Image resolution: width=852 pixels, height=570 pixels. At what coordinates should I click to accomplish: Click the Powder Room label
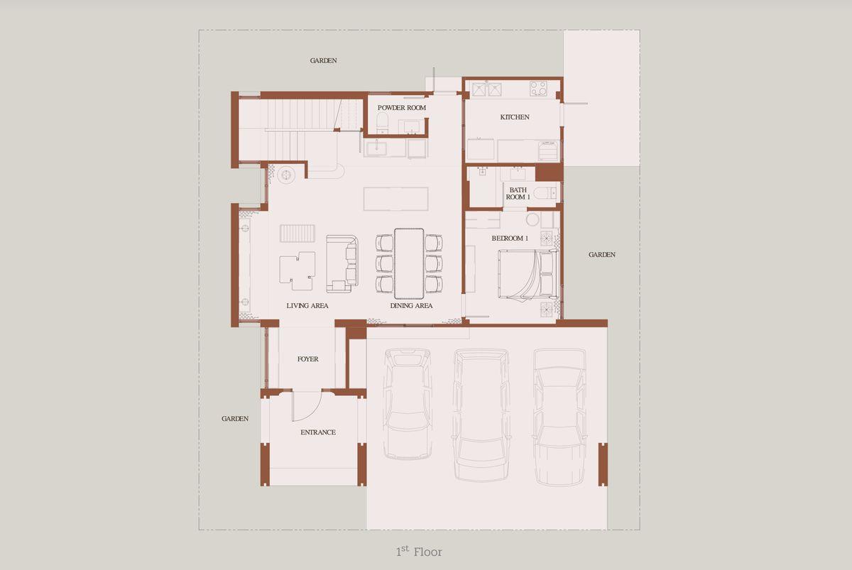coord(402,108)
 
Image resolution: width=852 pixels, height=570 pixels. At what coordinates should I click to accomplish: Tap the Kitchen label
coord(515,117)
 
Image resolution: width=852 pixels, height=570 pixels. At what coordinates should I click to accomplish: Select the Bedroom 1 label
coord(510,239)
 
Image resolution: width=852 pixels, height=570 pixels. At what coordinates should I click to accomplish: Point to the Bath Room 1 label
coord(518,193)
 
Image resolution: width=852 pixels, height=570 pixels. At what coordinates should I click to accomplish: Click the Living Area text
coord(307,306)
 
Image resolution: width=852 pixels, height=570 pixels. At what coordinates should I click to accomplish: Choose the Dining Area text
coord(411,306)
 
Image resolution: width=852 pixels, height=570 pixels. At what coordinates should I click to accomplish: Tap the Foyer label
coord(307,359)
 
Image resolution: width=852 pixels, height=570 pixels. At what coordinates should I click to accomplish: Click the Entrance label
coord(318,432)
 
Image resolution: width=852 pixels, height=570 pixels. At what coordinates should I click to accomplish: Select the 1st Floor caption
coord(419,552)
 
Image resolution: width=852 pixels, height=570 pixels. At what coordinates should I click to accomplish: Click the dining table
coord(409,263)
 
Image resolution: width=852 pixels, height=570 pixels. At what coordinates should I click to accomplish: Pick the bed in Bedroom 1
coord(528,274)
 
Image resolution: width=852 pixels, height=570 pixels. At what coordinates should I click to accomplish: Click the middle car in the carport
coord(481,415)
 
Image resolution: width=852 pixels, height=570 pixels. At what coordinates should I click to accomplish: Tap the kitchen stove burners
coord(538,89)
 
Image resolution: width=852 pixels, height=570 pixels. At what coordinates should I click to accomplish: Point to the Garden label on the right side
coord(602,255)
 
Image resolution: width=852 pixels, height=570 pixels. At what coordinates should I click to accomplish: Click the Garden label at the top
coord(323,60)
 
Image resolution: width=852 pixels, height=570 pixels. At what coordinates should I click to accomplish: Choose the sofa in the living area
coord(342,264)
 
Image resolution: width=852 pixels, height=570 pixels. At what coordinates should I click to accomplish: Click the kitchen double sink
coord(487,89)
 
